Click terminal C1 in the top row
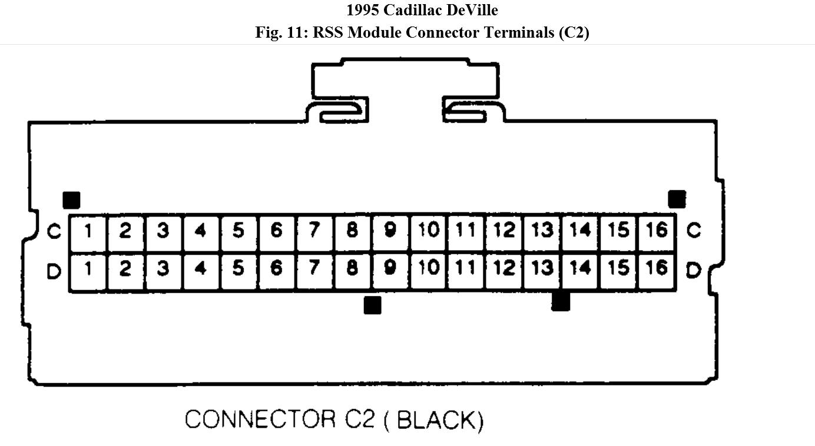tap(88, 231)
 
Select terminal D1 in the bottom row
tap(88, 270)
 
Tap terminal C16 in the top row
tap(656, 230)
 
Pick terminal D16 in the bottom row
tap(656, 269)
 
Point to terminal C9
tap(389, 231)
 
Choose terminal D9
tap(389, 269)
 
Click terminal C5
tap(238, 231)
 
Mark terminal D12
tap(503, 269)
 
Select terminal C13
tap(542, 231)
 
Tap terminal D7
tap(314, 269)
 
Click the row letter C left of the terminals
tap(54, 232)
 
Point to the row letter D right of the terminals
tap(694, 271)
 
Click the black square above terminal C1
tap(71, 200)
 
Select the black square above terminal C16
tap(677, 199)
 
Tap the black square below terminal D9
tap(372, 305)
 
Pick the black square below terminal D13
tap(561, 301)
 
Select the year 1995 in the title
tap(363, 10)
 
